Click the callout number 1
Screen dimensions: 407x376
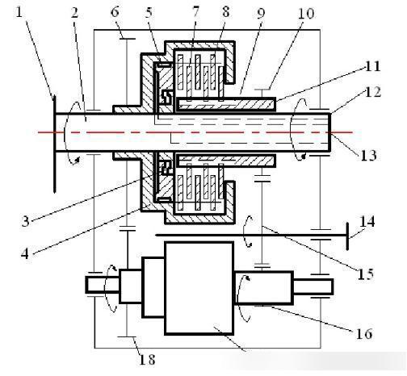pos(19,12)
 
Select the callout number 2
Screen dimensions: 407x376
pos(74,13)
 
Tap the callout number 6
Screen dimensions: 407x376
pos(115,12)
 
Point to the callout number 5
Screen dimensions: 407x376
pos(149,12)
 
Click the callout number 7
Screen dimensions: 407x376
pos(195,11)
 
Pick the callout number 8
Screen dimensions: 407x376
pos(225,11)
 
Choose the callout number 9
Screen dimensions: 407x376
pos(261,13)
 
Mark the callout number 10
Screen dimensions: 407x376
pos(305,13)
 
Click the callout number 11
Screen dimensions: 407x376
pos(372,66)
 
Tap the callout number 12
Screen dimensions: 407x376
pos(373,91)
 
